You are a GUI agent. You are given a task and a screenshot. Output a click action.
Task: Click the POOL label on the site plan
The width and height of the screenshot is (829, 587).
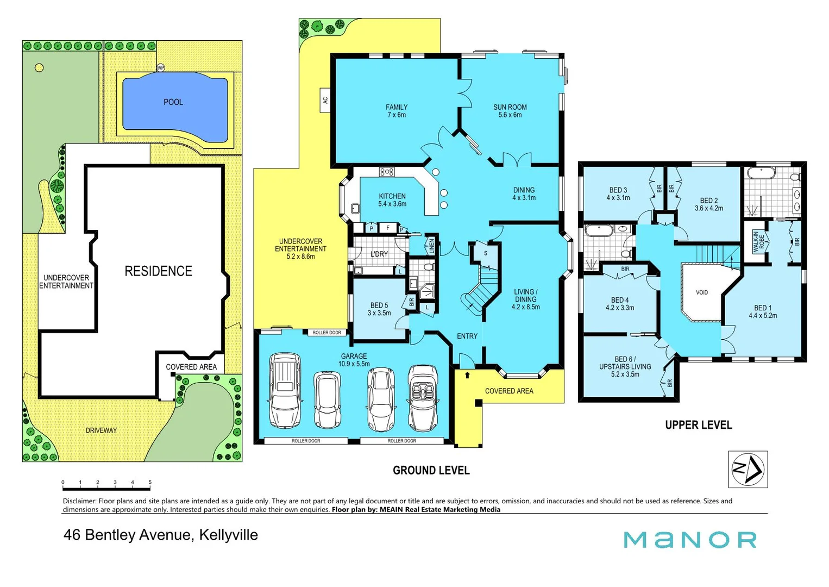[x=173, y=102]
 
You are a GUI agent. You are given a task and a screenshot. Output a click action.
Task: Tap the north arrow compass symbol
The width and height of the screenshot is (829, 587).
[x=748, y=469]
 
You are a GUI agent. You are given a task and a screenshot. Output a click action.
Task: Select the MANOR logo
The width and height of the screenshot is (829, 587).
[x=690, y=540]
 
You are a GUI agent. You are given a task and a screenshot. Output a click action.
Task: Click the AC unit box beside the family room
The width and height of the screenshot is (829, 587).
[x=325, y=101]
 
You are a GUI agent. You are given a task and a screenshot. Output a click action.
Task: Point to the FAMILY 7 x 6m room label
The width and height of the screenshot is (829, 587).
[x=397, y=111]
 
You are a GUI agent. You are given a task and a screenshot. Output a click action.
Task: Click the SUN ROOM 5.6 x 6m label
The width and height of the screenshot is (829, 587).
[x=510, y=111]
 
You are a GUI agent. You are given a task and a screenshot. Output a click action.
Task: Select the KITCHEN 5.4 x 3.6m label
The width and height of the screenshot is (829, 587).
[x=392, y=200]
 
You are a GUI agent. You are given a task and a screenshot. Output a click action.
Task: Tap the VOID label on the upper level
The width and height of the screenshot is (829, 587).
[x=702, y=292]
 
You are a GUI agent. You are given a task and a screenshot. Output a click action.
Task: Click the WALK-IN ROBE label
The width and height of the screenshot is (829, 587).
[x=758, y=241]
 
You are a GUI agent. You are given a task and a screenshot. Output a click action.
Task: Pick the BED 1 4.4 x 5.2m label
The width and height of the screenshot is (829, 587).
[x=763, y=311]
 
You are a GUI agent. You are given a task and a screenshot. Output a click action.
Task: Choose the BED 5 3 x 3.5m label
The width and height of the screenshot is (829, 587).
[x=379, y=309]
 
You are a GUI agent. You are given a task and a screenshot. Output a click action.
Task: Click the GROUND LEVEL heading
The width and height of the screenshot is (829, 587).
[x=431, y=470]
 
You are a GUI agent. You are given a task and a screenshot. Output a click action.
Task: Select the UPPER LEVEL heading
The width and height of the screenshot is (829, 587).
[x=698, y=425]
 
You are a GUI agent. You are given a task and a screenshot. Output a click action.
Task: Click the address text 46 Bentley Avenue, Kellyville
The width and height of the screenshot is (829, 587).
[x=161, y=535]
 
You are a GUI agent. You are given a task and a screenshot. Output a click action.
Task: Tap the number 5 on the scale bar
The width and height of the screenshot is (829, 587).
[x=150, y=482]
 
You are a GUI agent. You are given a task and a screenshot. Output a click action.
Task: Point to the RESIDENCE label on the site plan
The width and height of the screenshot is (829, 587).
[x=158, y=271]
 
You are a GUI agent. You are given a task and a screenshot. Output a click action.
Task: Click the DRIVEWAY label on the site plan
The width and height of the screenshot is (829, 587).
[x=101, y=430]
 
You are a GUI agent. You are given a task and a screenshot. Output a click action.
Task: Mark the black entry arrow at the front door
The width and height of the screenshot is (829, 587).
[x=467, y=375]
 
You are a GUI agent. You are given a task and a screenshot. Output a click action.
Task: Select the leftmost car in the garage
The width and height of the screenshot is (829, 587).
[x=285, y=390]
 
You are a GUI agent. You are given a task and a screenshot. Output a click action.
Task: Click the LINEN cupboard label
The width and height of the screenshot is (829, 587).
[x=431, y=246]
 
